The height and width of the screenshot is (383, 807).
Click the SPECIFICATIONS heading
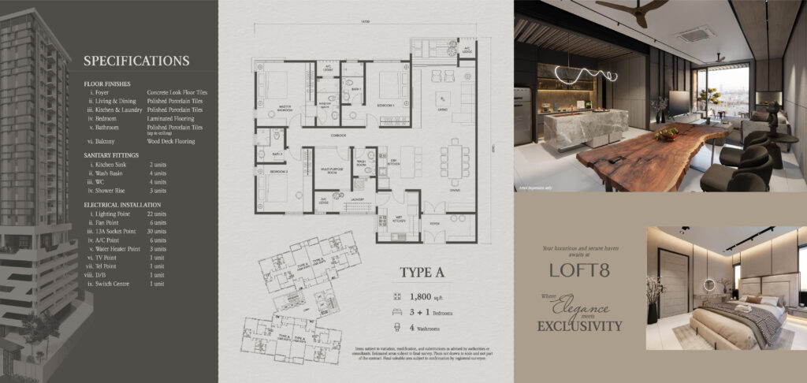click(136, 61)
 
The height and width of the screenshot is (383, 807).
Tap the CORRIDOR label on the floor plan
click(318, 137)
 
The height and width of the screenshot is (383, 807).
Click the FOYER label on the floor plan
click(433, 224)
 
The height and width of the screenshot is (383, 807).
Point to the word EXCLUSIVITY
click(581, 325)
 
